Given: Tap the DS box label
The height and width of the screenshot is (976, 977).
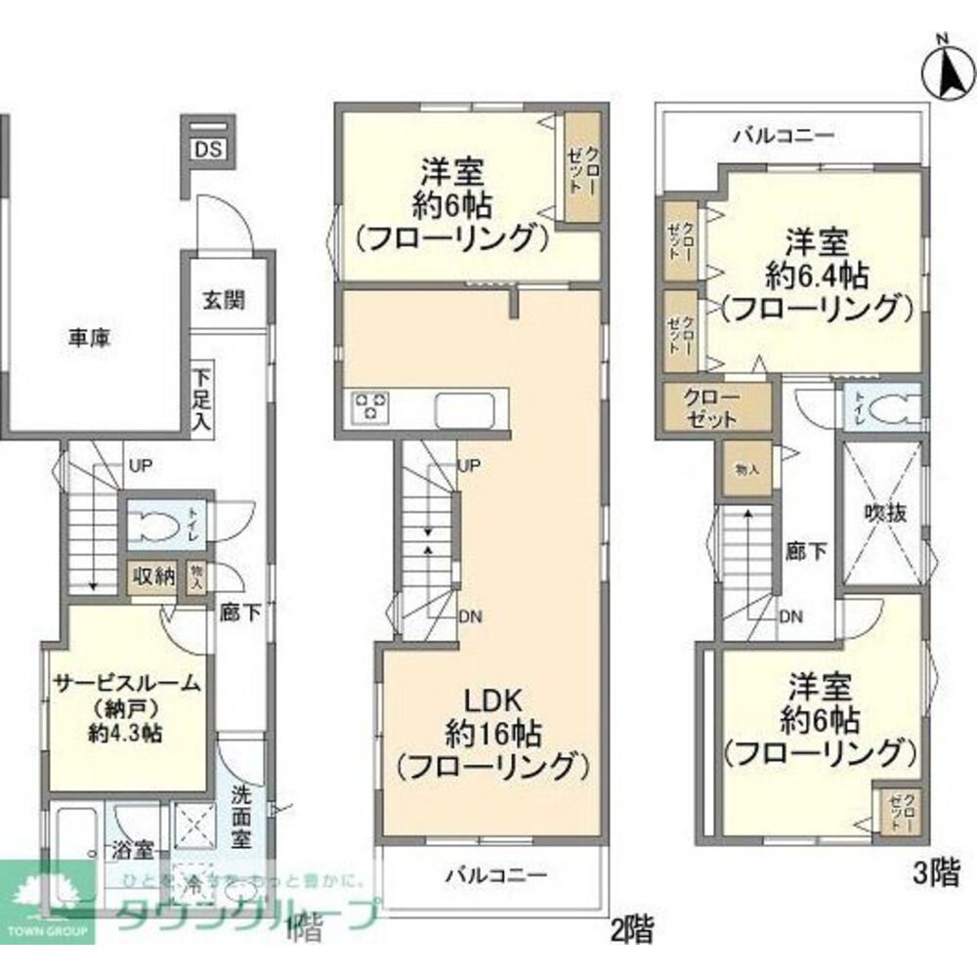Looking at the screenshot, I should (207, 149).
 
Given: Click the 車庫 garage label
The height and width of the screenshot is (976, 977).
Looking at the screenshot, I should (89, 339).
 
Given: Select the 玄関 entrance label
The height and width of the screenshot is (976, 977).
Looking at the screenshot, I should (224, 301).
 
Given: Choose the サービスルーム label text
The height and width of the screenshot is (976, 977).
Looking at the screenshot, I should (127, 684).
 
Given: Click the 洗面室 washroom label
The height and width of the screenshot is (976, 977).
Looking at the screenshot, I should (242, 817).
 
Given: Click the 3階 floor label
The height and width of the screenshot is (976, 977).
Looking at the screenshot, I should (937, 873).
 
